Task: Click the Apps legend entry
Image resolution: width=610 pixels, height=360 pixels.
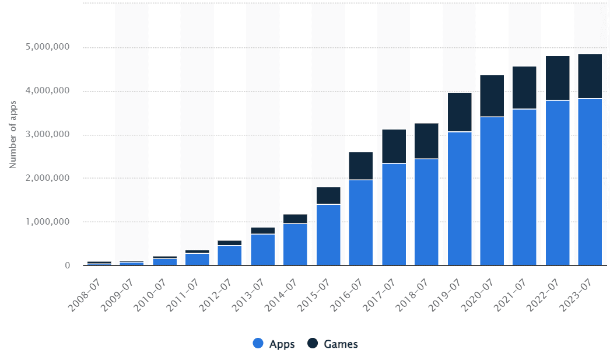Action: (274, 344)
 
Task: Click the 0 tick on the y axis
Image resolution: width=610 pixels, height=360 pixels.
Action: (68, 265)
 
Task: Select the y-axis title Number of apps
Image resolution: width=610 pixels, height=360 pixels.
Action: (13, 135)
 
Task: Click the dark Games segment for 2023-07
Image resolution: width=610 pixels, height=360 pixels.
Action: (590, 76)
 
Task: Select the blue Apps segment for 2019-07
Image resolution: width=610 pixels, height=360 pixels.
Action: (459, 198)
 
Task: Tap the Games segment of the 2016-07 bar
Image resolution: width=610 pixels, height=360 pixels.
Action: (360, 166)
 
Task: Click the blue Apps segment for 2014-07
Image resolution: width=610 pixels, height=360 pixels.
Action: (295, 244)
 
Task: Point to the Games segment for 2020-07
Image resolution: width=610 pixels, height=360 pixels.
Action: (492, 96)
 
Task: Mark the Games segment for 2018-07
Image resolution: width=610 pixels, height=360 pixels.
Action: (426, 141)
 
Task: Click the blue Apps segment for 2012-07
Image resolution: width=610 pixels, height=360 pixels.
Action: (229, 256)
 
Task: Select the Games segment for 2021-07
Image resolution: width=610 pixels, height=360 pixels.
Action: (524, 88)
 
